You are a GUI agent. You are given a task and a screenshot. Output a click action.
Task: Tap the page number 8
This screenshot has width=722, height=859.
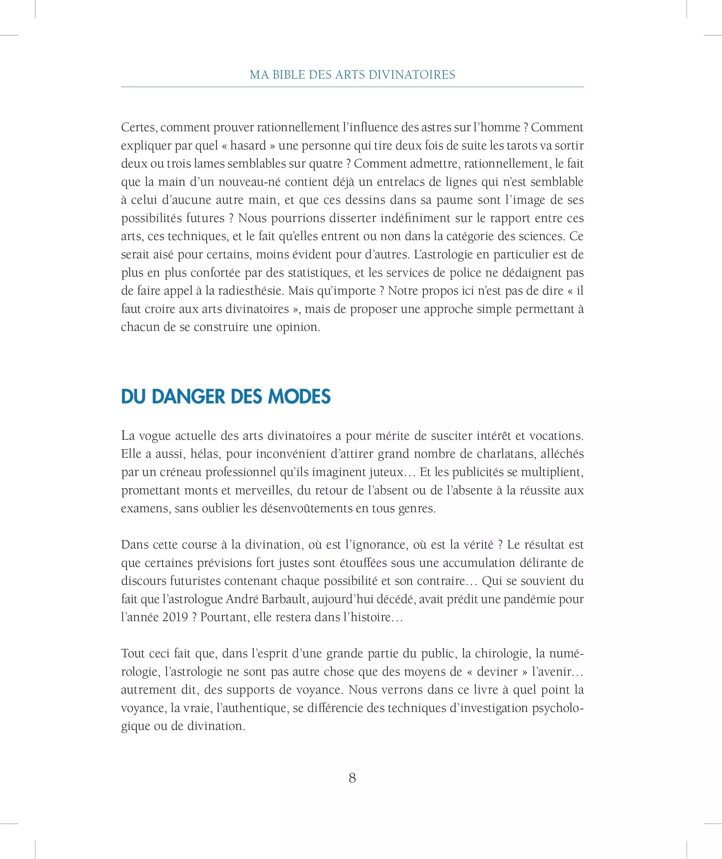coord(352,778)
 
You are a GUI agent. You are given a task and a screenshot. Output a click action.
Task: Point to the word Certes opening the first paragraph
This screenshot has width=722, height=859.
coord(139,128)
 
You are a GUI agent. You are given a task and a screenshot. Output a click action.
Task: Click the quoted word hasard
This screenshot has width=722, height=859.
coord(248,146)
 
